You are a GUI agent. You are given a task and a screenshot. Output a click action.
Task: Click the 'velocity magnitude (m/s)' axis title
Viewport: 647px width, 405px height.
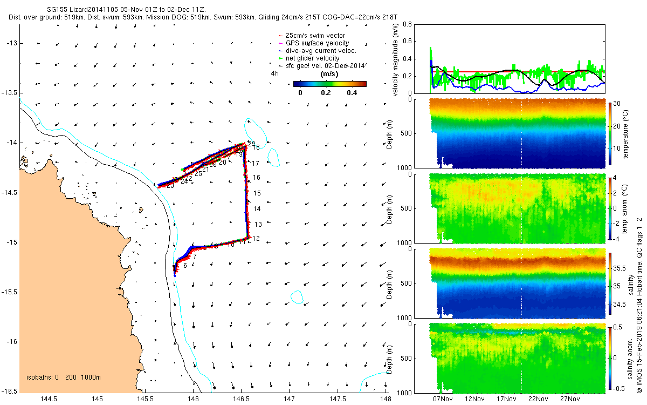coord(396,58)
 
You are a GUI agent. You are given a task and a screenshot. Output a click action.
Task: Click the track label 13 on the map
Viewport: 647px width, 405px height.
coord(258,225)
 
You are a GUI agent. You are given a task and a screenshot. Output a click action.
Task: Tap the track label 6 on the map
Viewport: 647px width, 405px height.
coord(185,266)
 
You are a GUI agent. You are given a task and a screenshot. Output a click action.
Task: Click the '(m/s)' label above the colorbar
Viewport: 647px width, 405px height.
coord(329,74)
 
